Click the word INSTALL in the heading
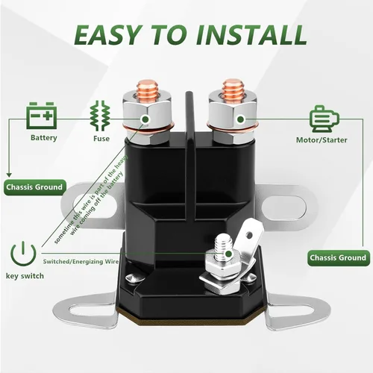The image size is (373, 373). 251,35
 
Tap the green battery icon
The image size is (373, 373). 42,116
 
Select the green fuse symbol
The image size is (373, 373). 100,116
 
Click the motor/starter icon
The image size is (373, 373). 325,119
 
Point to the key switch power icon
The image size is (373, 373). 23,253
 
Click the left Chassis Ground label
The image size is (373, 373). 34,187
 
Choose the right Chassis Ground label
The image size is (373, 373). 339,258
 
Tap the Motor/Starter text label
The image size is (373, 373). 322,140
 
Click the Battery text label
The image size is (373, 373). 44,138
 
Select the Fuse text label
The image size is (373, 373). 101,139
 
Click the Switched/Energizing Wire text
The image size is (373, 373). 81,262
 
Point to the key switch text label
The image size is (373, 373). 25,276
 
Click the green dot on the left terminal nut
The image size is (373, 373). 145,119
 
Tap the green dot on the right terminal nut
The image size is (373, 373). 240,119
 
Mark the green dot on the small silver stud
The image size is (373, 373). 228,254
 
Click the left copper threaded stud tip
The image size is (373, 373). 147,84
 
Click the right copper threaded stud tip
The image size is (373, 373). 233,84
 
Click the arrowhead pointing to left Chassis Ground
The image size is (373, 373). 9,175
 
